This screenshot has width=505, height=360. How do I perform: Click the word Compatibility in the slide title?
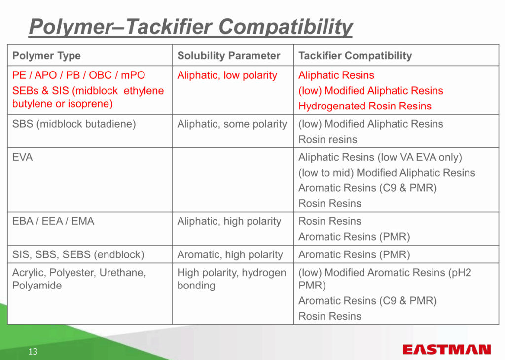tap(286, 27)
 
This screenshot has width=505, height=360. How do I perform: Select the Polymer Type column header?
tap(46, 56)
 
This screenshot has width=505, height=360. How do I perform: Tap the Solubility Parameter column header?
tap(229, 56)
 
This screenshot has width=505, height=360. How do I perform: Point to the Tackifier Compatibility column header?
tap(355, 56)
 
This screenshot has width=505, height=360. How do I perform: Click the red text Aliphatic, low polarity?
tap(227, 75)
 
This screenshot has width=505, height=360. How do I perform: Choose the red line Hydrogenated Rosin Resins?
tap(365, 106)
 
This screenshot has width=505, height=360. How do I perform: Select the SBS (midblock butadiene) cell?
tap(74, 124)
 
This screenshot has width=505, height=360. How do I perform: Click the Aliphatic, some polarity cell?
tap(232, 124)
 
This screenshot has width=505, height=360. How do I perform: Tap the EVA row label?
tap(22, 157)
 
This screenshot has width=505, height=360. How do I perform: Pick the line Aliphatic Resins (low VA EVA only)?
tap(380, 157)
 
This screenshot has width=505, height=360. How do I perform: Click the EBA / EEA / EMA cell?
tap(53, 221)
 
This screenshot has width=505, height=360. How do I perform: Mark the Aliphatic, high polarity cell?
tap(229, 221)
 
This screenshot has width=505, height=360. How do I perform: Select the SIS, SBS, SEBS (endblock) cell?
tap(78, 254)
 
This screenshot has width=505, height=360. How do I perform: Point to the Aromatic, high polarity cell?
tap(230, 254)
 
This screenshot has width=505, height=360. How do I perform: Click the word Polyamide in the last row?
tap(36, 286)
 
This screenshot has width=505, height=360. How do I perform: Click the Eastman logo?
tap(447, 349)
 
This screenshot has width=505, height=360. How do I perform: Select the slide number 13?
tap(33, 351)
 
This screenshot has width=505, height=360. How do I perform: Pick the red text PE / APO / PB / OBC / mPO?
tap(78, 75)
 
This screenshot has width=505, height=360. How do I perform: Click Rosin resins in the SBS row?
tap(327, 140)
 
